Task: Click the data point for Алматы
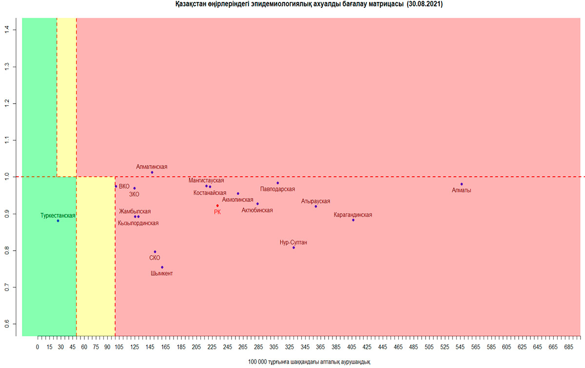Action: (x=461, y=184)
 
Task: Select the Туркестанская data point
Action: (x=58, y=221)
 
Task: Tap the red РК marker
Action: (x=217, y=205)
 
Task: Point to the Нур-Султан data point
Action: (x=293, y=247)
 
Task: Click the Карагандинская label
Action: (x=353, y=215)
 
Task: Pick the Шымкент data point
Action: (x=162, y=267)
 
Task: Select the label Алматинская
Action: (x=152, y=166)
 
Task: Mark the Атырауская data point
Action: (x=316, y=206)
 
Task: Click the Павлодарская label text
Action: (x=277, y=189)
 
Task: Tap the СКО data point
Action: (x=155, y=252)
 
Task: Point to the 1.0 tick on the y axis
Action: (x=13, y=177)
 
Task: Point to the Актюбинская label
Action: (x=257, y=210)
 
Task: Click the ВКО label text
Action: (x=124, y=186)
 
